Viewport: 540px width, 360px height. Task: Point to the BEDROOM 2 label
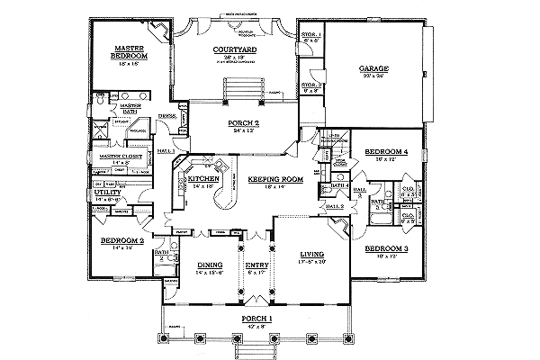click(117, 242)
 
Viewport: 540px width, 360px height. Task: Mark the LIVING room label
click(311, 256)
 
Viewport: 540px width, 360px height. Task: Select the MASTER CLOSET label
click(115, 156)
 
